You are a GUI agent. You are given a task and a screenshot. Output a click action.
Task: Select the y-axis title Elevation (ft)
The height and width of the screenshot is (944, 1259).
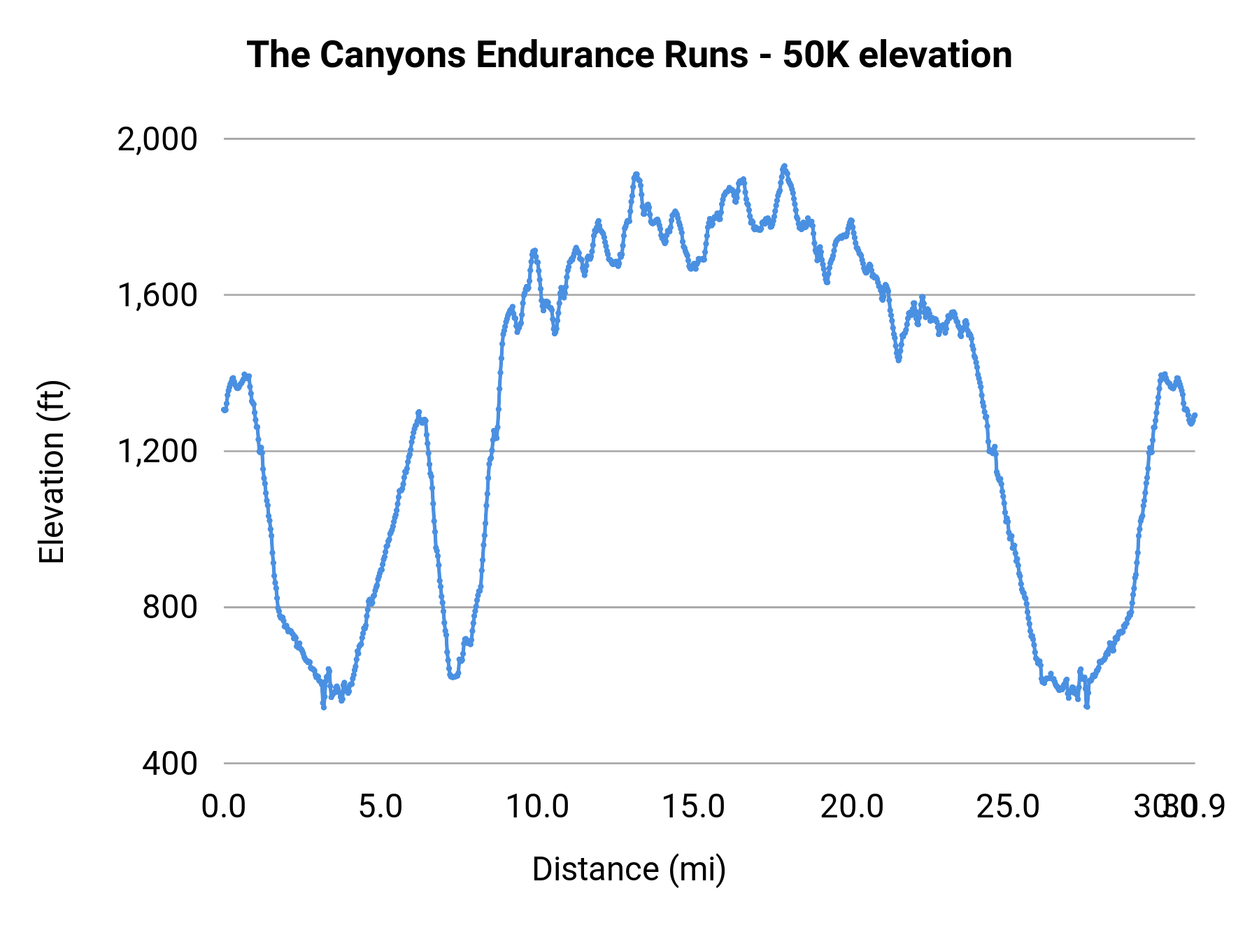[52, 472]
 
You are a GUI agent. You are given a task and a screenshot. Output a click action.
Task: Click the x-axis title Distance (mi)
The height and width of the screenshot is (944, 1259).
[629, 869]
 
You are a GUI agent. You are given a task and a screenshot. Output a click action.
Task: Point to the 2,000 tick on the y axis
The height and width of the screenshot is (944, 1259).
[157, 139]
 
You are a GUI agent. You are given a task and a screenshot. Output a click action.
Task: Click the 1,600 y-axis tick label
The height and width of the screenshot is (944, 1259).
[157, 295]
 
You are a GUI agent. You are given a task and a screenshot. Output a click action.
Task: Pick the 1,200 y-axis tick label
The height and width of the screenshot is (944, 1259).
[157, 451]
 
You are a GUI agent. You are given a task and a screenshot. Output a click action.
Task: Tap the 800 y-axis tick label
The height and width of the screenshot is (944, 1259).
[170, 607]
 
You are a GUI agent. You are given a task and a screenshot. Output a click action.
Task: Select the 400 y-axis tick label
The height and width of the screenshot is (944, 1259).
[170, 763]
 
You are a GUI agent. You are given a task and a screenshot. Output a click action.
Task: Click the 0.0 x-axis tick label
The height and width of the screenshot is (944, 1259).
[224, 807]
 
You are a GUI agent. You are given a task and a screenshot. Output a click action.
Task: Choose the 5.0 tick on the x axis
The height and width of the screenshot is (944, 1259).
[380, 807]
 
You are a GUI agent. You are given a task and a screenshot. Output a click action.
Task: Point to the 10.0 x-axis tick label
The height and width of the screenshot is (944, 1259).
[537, 807]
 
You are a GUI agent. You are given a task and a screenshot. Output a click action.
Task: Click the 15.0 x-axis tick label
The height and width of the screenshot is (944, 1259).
[694, 807]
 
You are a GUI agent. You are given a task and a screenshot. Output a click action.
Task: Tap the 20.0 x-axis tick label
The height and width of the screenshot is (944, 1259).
[851, 807]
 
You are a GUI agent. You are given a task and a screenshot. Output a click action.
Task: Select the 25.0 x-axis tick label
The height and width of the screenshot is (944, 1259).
[1008, 807]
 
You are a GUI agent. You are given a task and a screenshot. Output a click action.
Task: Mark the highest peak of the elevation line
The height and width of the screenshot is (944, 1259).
[784, 166]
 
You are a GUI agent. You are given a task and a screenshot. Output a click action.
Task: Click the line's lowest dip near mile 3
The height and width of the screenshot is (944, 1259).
[324, 707]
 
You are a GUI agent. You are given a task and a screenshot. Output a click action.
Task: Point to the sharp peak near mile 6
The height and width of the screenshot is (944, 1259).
[418, 412]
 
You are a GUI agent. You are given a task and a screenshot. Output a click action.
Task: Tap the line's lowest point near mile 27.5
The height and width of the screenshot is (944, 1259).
[1087, 706]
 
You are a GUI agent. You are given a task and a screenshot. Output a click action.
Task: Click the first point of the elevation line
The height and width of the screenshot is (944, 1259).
[225, 410]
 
